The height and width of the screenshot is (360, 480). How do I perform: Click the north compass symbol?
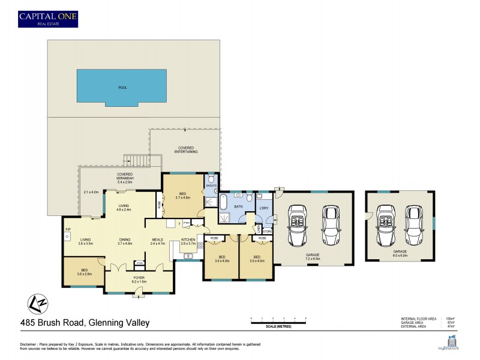click(38, 303)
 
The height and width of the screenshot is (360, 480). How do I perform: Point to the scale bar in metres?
click(279, 322)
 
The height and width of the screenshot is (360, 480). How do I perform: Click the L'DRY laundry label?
click(263, 208)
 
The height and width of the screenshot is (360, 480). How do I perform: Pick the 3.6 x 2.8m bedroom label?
click(84, 271)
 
